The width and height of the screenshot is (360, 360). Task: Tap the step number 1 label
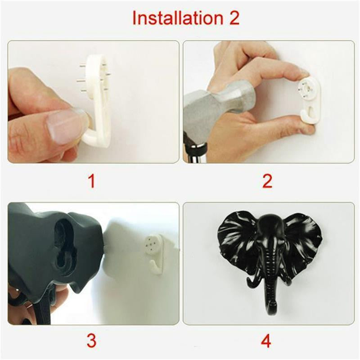coord(92,181)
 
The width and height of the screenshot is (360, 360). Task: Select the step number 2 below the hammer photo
coord(267,181)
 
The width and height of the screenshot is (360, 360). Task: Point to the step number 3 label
coord(92,341)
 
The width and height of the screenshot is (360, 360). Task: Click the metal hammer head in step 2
coord(211,106)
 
